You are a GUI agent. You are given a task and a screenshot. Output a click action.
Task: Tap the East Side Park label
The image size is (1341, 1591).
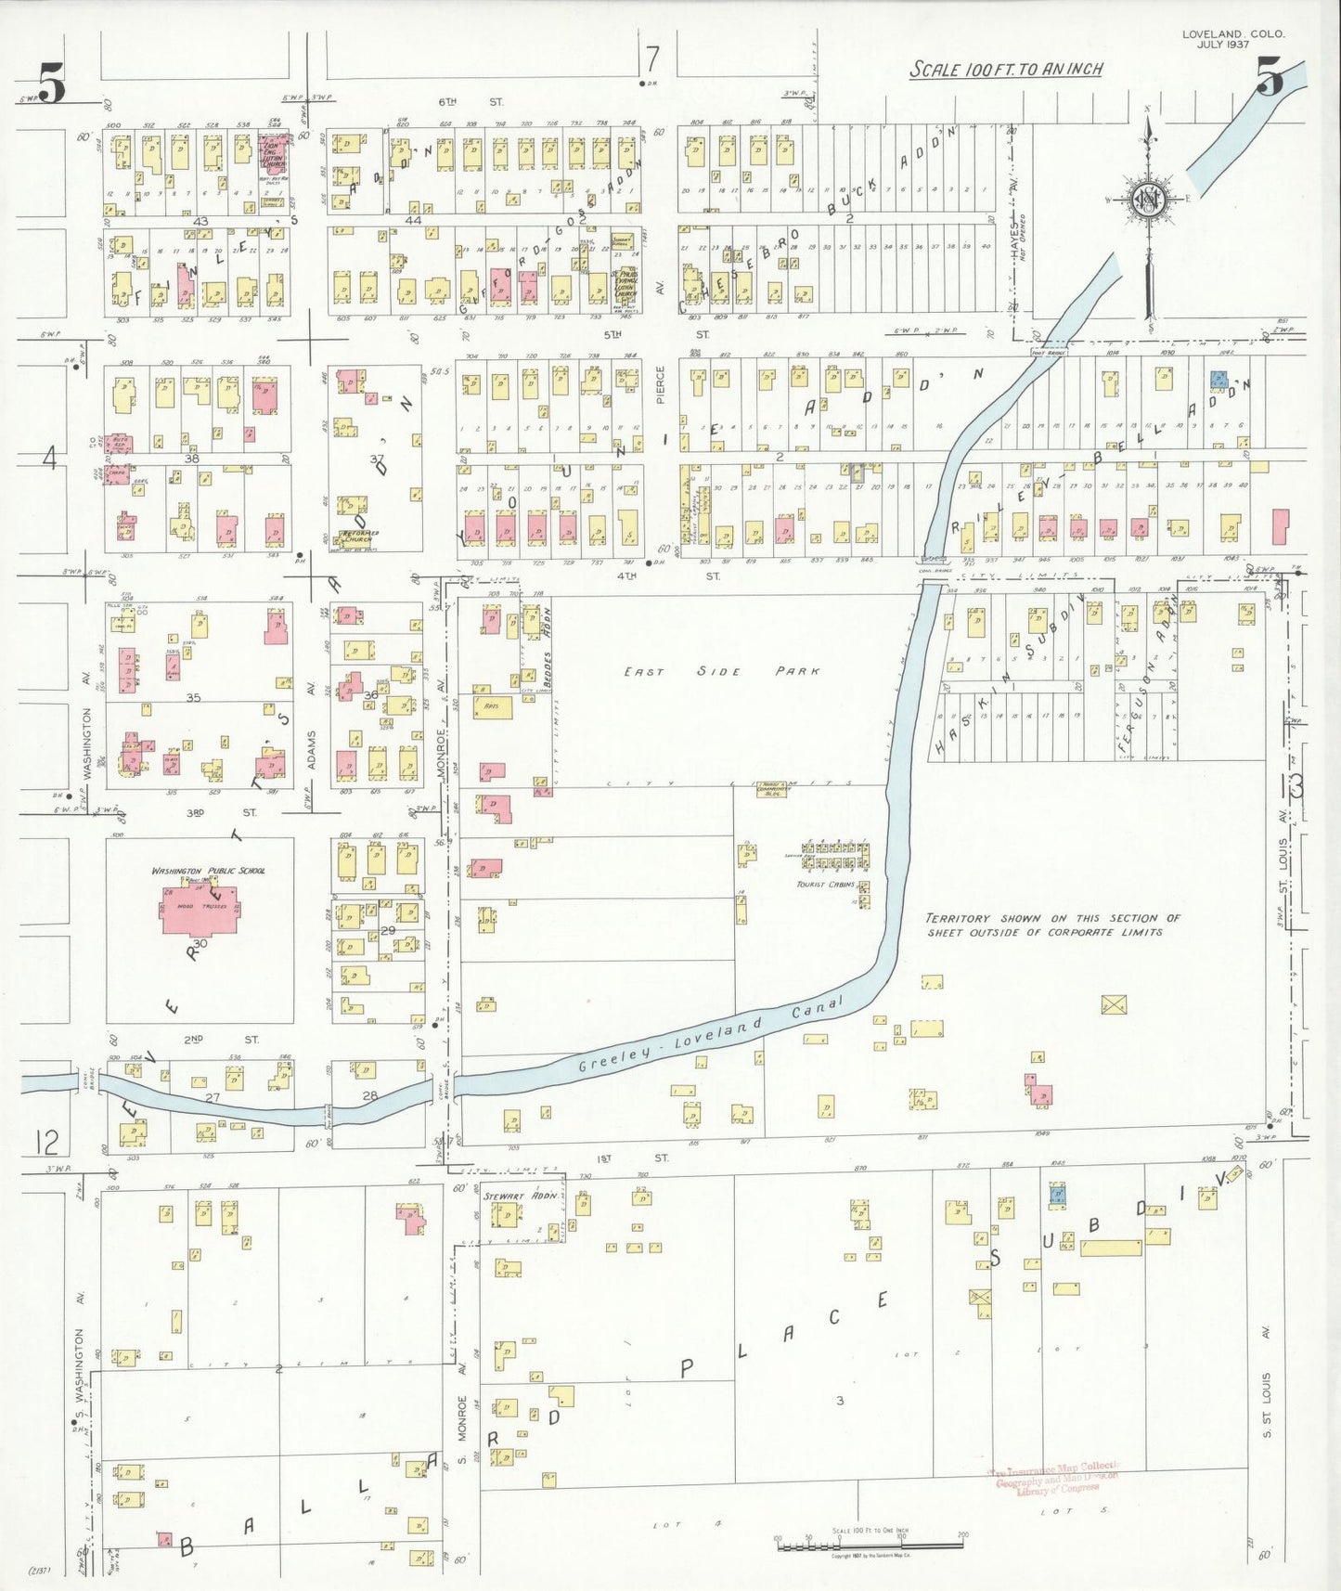click(721, 671)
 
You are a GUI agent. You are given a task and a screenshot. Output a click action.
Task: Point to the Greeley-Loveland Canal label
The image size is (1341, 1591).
click(710, 1034)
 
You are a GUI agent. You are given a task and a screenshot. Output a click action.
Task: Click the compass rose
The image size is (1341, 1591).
click(1149, 199)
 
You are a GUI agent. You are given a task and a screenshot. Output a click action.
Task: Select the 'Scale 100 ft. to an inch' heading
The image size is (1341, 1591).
click(1006, 70)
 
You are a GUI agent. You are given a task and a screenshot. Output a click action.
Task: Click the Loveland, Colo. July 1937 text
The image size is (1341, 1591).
click(1233, 39)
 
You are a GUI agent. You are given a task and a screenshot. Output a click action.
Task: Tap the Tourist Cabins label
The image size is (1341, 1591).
click(825, 884)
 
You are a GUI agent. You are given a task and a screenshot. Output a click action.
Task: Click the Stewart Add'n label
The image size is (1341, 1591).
click(520, 1196)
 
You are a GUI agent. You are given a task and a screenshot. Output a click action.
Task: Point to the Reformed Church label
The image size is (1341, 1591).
click(357, 535)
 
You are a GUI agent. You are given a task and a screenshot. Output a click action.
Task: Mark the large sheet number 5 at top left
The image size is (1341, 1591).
click(51, 84)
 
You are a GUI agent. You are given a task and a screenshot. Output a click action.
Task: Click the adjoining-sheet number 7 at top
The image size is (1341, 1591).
click(652, 59)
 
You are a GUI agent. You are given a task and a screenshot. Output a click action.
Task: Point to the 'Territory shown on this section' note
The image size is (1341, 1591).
click(1052, 924)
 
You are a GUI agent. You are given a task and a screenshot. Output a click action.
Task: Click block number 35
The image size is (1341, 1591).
click(193, 697)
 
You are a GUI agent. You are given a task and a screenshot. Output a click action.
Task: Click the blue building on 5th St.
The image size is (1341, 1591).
click(1219, 380)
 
